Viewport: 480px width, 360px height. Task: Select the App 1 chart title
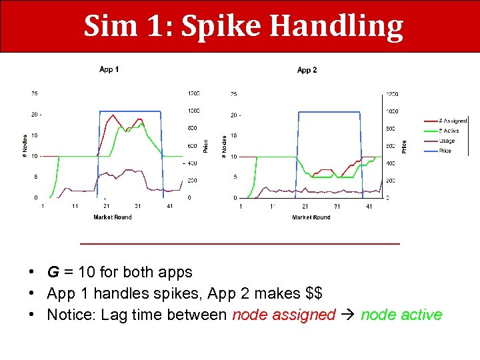pyautogui.click(x=109, y=69)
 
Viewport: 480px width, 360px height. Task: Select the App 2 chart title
pyautogui.click(x=307, y=70)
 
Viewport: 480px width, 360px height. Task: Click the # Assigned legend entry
pyautogui.click(x=453, y=121)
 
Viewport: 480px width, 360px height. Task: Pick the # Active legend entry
pyautogui.click(x=451, y=131)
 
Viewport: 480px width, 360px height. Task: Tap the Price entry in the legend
pyautogui.click(x=445, y=151)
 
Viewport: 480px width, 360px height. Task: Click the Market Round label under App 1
pyautogui.click(x=113, y=217)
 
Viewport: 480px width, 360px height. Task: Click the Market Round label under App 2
pyautogui.click(x=311, y=217)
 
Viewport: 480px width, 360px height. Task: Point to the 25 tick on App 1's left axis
pyautogui.click(x=34, y=93)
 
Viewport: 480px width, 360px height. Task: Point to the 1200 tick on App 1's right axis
pyautogui.click(x=193, y=93)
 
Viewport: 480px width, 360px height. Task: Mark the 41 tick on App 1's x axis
pyautogui.click(x=169, y=207)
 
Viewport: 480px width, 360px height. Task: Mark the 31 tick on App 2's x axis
pyautogui.click(x=337, y=207)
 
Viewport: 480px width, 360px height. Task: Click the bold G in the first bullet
pyautogui.click(x=51, y=272)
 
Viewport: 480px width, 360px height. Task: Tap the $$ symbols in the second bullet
pyautogui.click(x=314, y=293)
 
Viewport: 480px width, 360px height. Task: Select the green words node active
pyautogui.click(x=401, y=315)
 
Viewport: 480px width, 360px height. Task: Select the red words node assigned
pyautogui.click(x=283, y=315)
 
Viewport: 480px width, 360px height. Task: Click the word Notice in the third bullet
pyautogui.click(x=69, y=315)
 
